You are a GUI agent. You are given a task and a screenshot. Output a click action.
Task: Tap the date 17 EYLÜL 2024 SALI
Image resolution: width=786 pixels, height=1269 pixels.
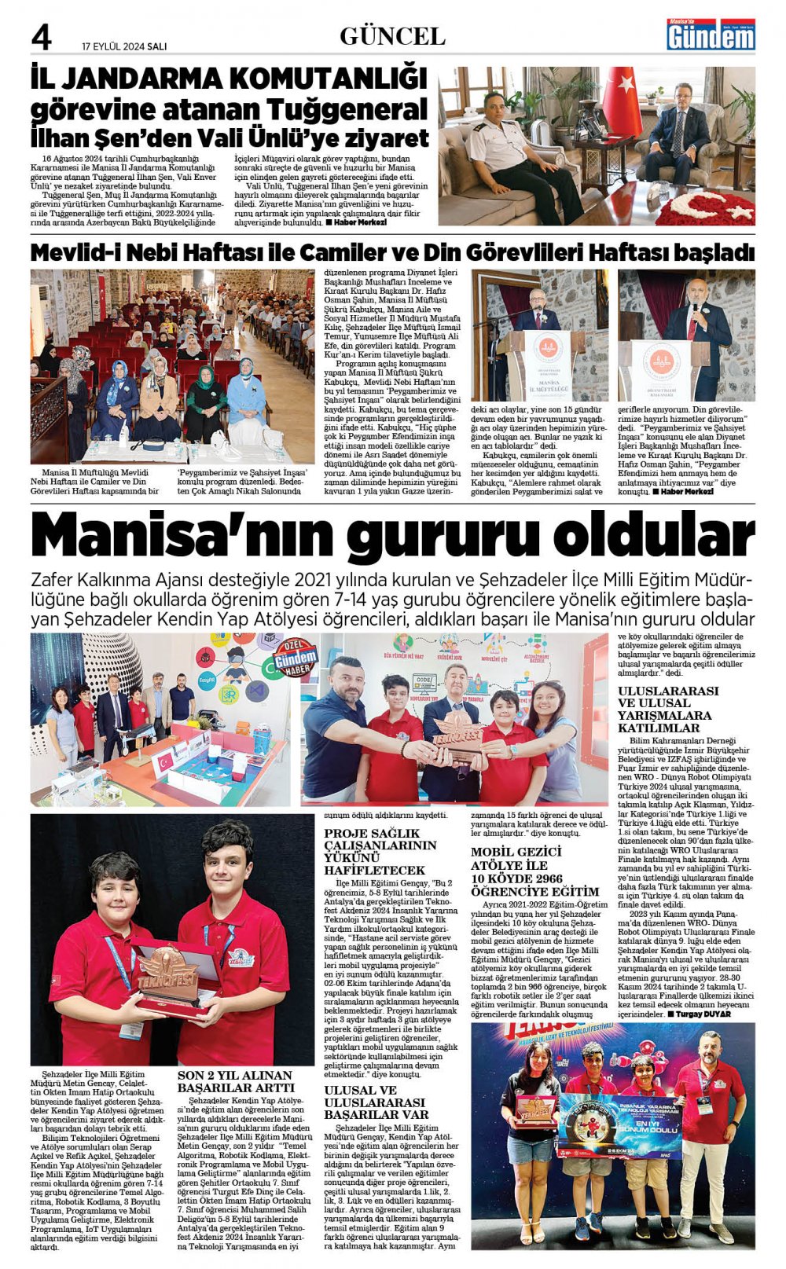124,46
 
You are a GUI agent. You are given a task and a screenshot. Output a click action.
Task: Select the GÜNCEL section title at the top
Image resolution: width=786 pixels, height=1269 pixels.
392,36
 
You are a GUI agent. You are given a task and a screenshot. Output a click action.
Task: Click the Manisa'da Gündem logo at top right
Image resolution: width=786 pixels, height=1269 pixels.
711,35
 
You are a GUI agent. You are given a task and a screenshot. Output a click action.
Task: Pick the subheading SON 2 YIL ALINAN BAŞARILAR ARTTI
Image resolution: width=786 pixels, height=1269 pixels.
235,1081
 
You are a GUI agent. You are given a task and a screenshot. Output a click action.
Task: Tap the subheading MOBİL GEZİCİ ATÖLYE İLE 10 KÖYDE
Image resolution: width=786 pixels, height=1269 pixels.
534,871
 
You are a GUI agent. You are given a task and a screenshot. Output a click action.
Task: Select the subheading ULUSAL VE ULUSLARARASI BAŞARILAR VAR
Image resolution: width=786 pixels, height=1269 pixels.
376,1102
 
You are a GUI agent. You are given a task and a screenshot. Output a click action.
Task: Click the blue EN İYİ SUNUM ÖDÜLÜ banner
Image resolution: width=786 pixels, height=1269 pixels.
619,1125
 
